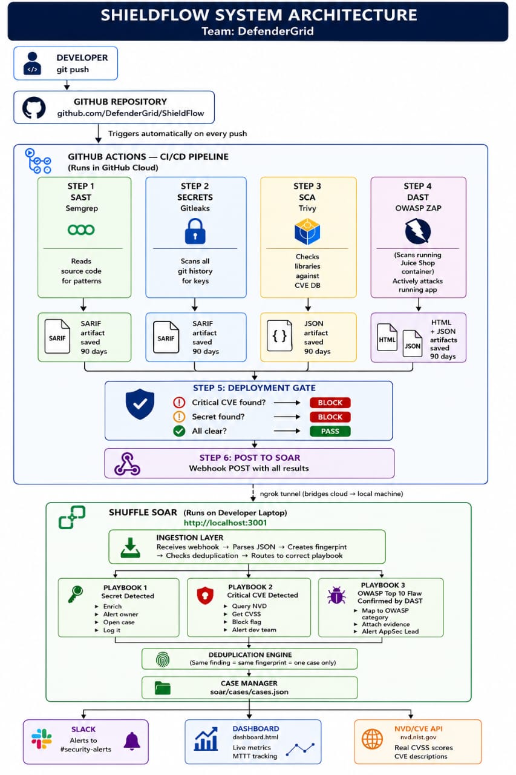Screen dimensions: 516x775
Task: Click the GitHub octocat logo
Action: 34,108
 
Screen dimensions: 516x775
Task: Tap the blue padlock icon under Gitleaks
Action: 195,231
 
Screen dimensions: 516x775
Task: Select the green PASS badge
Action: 330,431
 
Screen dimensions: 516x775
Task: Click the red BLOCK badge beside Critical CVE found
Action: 330,403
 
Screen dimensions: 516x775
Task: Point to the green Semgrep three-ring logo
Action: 81,229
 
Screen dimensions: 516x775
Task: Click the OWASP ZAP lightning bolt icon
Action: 418,231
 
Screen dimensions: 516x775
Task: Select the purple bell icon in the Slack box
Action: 132,741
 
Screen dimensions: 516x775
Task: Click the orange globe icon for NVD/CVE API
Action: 372,739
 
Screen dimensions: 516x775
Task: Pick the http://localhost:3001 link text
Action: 226,523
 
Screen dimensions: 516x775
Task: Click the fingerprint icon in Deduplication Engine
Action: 163,659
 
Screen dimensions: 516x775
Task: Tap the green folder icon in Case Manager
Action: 163,688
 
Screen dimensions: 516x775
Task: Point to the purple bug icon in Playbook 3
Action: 336,595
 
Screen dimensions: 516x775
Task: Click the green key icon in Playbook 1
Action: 76,595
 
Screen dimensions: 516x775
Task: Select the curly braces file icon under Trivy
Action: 279,335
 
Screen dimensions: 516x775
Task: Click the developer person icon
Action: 32,64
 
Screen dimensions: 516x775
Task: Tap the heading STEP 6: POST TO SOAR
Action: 250,457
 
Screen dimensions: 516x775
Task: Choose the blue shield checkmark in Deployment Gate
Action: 140,404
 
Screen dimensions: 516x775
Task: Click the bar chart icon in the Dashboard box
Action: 206,739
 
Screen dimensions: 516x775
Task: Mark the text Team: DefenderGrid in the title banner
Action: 258,31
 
